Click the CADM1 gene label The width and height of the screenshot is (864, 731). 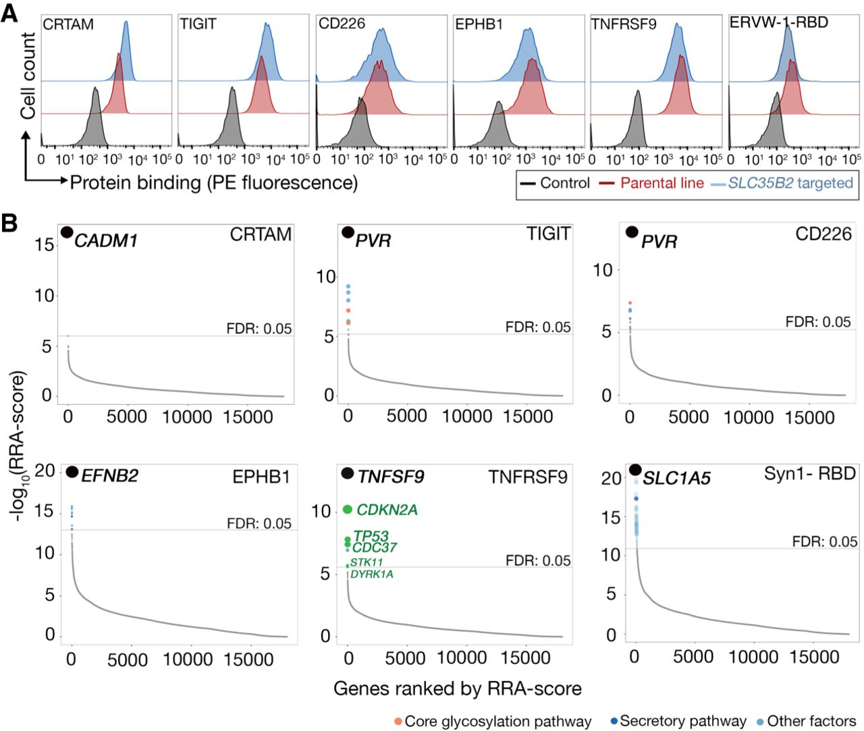(x=106, y=240)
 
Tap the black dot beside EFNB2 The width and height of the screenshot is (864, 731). (x=72, y=472)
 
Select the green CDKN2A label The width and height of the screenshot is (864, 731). (x=387, y=510)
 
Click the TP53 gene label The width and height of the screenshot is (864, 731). (x=371, y=537)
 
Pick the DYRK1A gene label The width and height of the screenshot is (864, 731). (x=371, y=574)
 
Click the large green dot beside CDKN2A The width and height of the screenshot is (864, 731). (x=348, y=510)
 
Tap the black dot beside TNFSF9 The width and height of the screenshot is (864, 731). (x=348, y=473)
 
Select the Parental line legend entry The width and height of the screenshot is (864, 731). (x=661, y=183)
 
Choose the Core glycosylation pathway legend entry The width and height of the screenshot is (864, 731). (x=497, y=722)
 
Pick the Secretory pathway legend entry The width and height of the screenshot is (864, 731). (x=682, y=721)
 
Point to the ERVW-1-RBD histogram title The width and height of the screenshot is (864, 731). (x=778, y=23)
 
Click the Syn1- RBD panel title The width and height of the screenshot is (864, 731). (x=809, y=473)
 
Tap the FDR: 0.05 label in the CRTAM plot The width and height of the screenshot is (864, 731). (x=259, y=329)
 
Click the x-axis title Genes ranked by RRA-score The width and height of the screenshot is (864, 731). (x=457, y=688)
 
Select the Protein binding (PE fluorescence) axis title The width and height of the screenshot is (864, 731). (x=214, y=182)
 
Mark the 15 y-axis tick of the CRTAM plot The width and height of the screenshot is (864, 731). (x=45, y=244)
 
